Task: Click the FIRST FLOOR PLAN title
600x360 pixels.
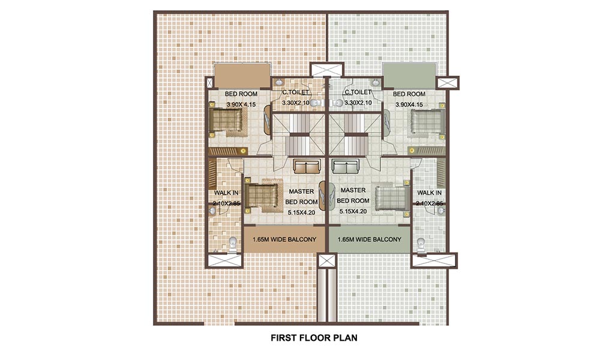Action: point(314,338)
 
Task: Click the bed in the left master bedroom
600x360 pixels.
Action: point(262,197)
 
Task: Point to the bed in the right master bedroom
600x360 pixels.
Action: point(392,197)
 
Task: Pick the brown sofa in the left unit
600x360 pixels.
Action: point(307,166)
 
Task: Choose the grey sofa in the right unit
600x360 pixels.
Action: point(347,166)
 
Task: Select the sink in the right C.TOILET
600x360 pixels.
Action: point(376,82)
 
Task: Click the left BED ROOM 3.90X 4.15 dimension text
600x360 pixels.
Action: point(241,105)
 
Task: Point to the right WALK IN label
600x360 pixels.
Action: point(430,193)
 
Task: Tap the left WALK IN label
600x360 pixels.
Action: point(223,193)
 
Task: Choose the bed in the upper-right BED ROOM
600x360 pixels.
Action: point(426,124)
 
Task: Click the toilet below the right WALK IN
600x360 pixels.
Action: point(421,243)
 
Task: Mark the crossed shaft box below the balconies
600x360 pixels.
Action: point(328,260)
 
